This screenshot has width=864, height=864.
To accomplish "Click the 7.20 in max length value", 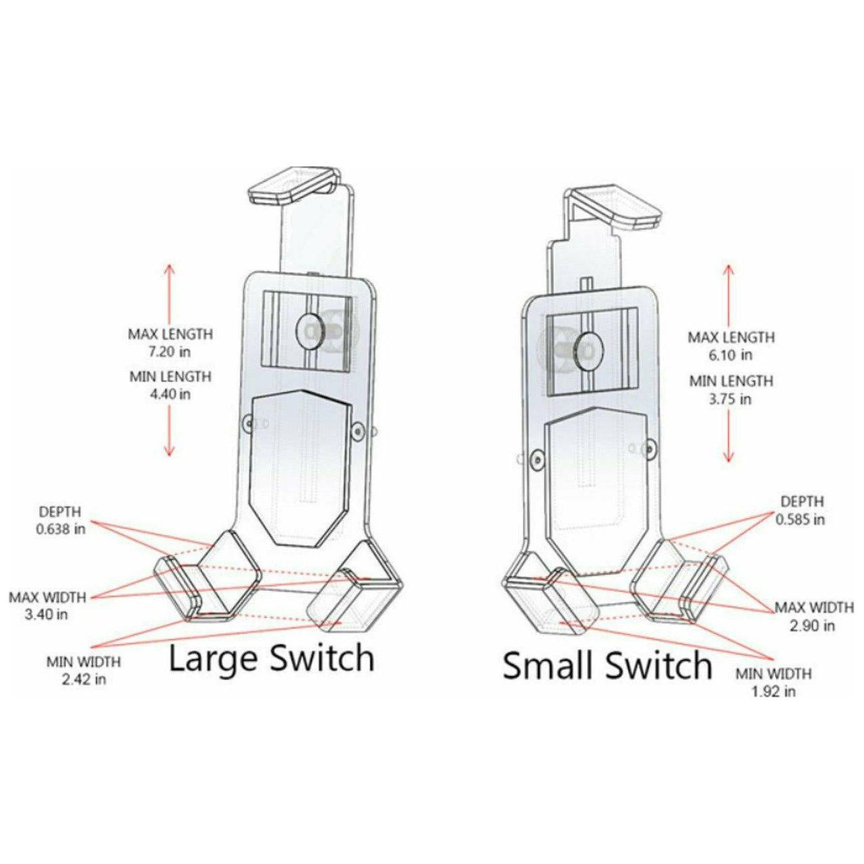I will point(170,351).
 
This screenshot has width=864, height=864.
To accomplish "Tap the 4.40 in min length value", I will point(170,394).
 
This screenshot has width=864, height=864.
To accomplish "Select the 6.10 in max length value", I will point(731,355).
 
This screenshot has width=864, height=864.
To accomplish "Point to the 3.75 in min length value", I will point(731,399).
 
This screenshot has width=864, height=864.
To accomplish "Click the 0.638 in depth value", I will point(61,529).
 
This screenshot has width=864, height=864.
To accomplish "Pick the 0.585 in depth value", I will point(801,520).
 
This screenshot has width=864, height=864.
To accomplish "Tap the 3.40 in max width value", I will point(47,615).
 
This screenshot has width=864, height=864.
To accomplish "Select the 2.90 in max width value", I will point(814,625).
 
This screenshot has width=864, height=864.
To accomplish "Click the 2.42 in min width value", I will point(84,679).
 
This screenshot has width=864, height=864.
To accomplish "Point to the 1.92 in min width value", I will point(774,691).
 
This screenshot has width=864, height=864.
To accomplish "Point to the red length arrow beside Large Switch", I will point(169,361).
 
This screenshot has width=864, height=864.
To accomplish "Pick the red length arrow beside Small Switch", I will point(728,364).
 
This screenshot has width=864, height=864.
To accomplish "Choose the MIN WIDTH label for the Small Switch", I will point(773,674).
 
